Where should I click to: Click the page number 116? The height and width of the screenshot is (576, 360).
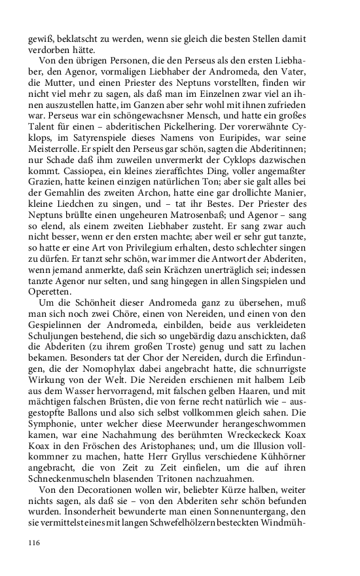[34, 543]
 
